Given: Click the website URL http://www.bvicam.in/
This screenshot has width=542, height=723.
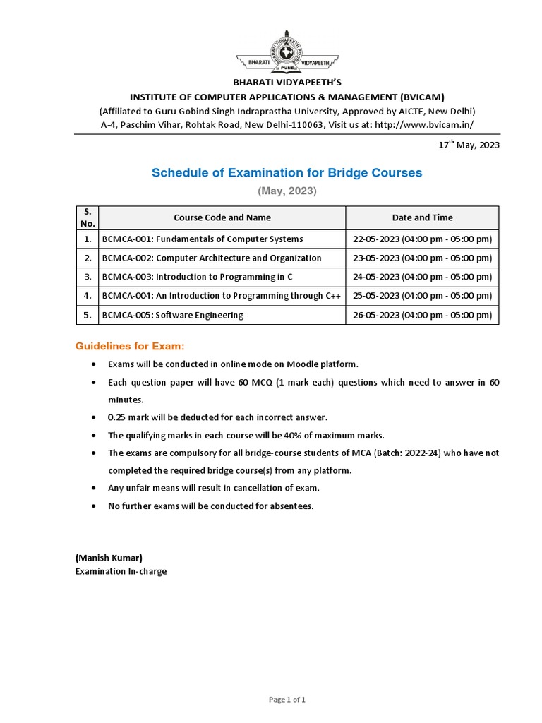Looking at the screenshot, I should point(424,124).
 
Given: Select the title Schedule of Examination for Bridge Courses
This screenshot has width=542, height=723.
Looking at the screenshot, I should point(287,172).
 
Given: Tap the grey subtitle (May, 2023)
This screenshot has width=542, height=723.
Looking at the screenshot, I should point(287,191).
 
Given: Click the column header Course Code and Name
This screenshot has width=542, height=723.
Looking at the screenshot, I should point(222,217).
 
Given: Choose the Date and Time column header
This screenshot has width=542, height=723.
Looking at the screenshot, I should point(422,217).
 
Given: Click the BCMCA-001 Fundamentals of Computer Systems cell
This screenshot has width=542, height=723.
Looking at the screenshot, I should point(203,239).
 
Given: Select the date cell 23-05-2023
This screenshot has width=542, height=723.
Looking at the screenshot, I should point(422,258).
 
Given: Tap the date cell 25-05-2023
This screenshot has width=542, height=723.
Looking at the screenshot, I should point(422,296).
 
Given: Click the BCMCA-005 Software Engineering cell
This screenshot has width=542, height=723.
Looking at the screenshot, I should point(173,316).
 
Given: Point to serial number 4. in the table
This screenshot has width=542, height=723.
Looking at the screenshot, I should point(88,296).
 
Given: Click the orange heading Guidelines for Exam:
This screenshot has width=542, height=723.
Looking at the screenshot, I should point(130,346).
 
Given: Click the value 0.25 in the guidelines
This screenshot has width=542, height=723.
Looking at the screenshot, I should point(118,417).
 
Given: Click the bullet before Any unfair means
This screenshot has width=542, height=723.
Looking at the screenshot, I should point(95,488).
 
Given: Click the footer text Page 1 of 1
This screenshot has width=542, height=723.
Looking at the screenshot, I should point(287,700).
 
